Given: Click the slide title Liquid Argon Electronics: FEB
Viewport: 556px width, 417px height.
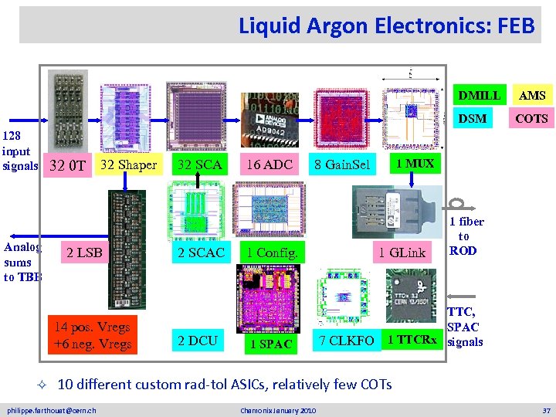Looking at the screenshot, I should [x=386, y=25].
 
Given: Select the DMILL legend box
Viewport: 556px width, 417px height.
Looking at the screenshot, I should [x=479, y=96].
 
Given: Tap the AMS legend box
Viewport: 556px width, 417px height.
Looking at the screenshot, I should [x=532, y=96].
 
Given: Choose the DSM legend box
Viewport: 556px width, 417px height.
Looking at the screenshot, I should [x=473, y=118].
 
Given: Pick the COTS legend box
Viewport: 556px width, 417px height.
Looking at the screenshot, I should [x=532, y=118].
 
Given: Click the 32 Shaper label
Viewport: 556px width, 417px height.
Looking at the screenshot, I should [x=128, y=164].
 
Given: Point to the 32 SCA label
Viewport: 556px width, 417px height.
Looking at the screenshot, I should [x=199, y=164].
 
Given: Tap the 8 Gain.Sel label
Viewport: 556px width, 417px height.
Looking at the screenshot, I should [x=342, y=164].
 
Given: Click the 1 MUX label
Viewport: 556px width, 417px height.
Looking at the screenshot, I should [x=415, y=163].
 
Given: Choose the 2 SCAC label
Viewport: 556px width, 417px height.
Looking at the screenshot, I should [x=201, y=253].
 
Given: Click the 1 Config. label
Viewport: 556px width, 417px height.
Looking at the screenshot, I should [x=272, y=253].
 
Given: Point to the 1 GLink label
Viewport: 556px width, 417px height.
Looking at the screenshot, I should [x=402, y=253].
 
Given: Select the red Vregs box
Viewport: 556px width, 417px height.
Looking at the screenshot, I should [x=92, y=334].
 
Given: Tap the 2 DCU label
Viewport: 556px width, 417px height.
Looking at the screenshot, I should [x=198, y=340].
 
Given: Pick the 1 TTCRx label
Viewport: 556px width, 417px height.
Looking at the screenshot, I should [x=412, y=340].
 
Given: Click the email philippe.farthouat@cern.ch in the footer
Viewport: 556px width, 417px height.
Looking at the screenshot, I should [x=52, y=409].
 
